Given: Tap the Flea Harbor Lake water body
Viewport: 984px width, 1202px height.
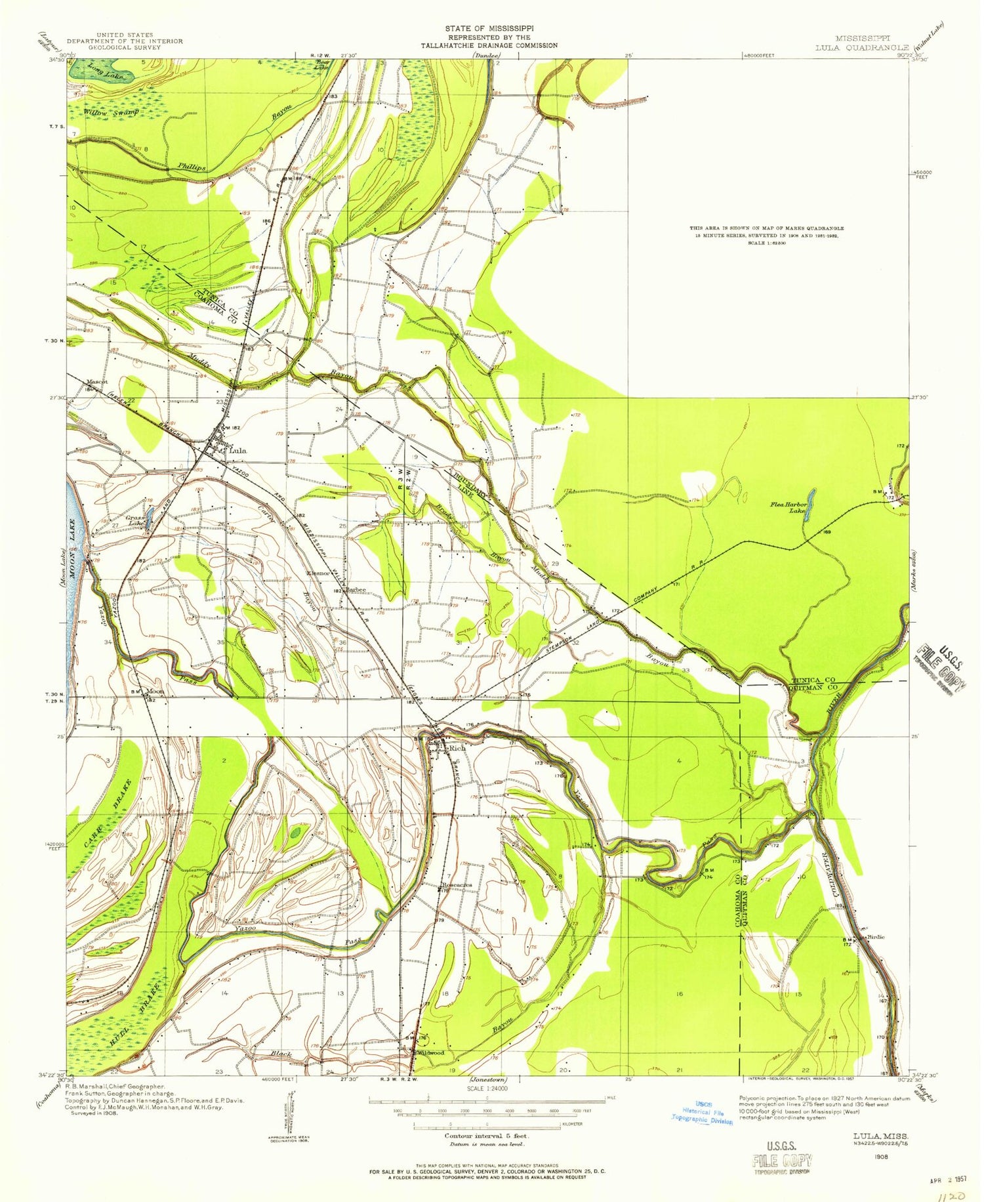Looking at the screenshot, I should tap(812, 502).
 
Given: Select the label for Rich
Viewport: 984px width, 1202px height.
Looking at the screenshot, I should tap(457, 748).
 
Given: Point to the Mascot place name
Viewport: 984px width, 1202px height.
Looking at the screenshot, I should tap(96, 381).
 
